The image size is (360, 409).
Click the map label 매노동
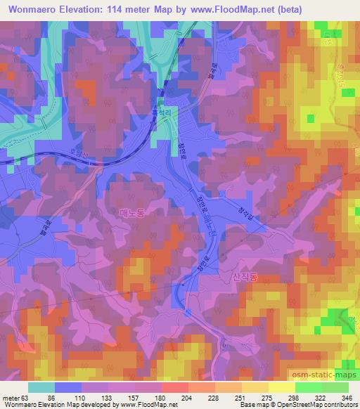pos(131,212)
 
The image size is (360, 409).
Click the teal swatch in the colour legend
pos(41,387)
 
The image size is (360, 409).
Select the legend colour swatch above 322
pos(309,387)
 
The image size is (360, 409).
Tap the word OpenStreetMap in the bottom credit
pos(309,405)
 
